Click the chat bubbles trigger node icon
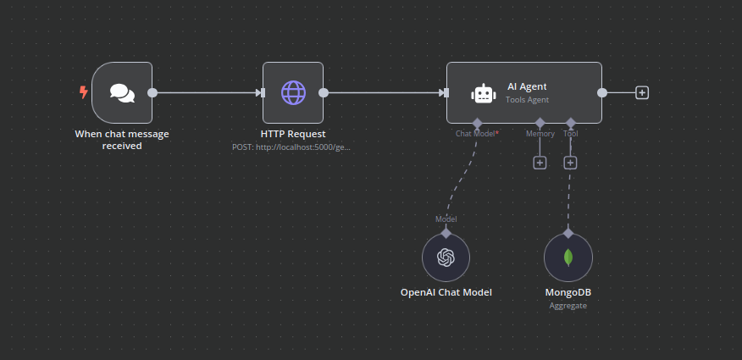[122, 93]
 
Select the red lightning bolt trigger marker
[83, 92]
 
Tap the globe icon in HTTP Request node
[293, 93]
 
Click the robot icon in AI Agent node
[483, 94]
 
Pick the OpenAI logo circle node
[446, 258]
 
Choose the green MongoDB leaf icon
[568, 258]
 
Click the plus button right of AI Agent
[642, 93]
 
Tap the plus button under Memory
[540, 163]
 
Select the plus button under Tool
[570, 163]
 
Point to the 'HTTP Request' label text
[293, 134]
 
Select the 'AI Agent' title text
[527, 86]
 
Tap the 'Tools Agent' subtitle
[527, 99]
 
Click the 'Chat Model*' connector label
[477, 134]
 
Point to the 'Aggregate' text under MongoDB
[568, 305]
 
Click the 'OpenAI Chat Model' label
[446, 292]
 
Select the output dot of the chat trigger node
[152, 93]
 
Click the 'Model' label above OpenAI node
[446, 219]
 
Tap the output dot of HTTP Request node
[324, 93]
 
